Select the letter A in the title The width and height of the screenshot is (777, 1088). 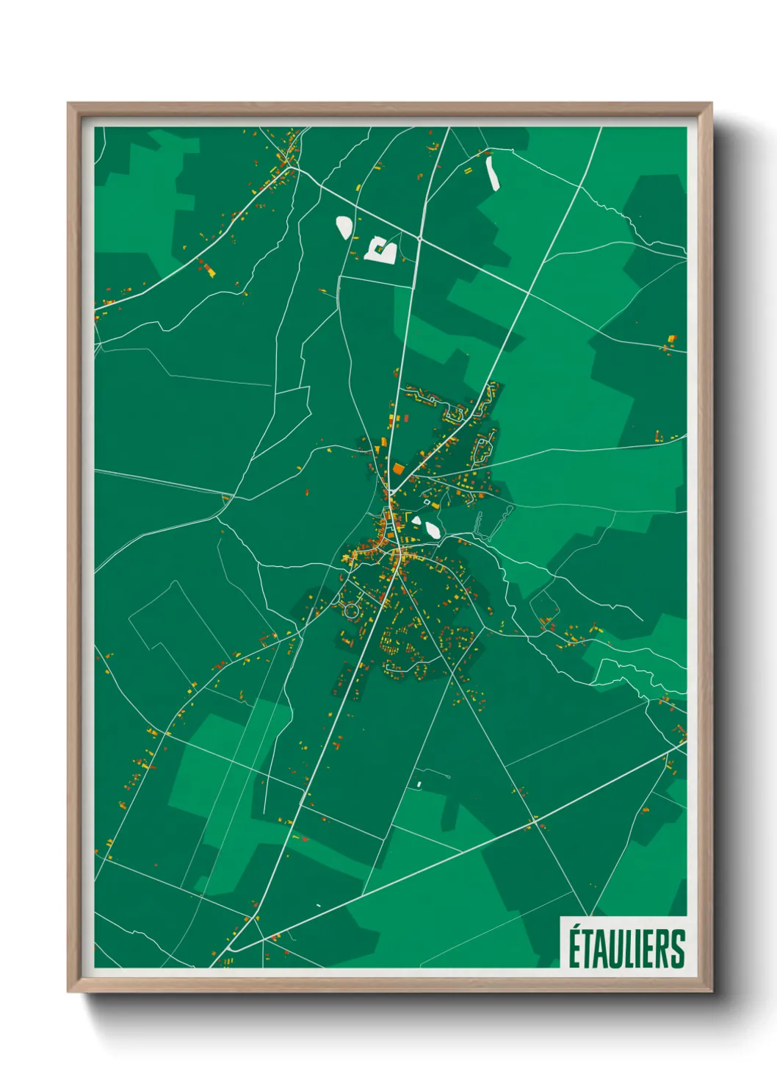[x=601, y=949]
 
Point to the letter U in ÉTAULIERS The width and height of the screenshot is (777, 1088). [x=617, y=949]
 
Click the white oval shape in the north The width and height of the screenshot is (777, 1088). [x=344, y=226]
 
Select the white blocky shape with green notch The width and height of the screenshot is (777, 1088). [x=381, y=250]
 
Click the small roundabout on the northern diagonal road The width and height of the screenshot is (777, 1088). [x=419, y=238]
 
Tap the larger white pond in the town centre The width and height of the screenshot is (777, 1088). [x=432, y=529]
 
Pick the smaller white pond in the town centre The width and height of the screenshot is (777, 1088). [x=416, y=521]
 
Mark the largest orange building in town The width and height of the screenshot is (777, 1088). [x=398, y=468]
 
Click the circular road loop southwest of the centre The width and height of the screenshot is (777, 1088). [x=351, y=610]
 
